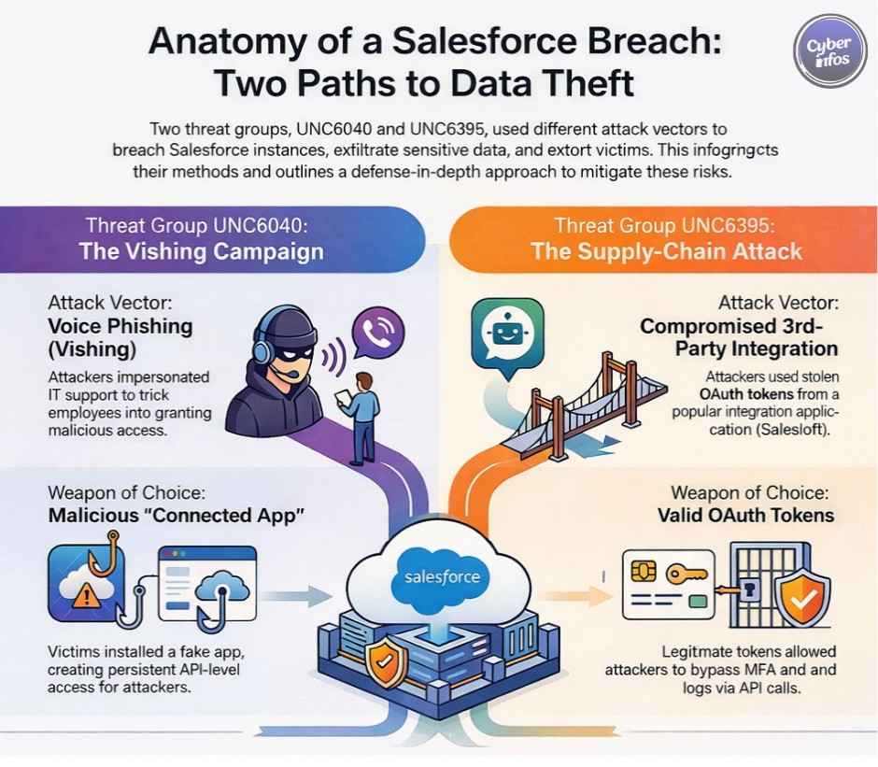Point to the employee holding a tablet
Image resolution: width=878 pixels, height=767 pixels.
[359, 412]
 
